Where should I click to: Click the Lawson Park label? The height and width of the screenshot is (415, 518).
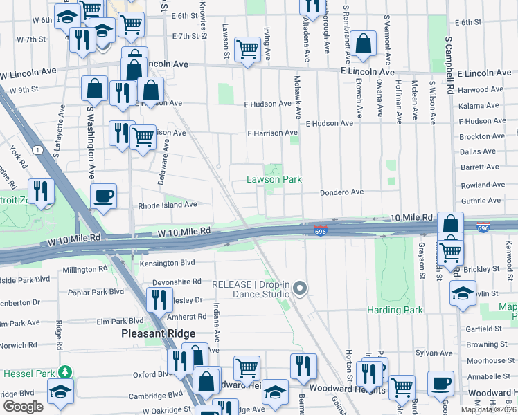click(275, 179)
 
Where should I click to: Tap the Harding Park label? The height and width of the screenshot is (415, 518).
click(395, 310)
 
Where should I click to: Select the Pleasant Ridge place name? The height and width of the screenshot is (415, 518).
click(159, 333)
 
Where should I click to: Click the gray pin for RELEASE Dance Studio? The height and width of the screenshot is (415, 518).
click(300, 288)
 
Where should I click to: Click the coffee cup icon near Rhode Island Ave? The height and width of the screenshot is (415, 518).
click(104, 196)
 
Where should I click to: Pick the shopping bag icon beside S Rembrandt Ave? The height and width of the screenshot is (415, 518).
click(363, 44)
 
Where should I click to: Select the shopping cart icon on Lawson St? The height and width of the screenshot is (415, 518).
click(247, 48)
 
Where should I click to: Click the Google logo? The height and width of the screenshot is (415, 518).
click(23, 407)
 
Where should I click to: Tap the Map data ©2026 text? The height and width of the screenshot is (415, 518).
click(489, 409)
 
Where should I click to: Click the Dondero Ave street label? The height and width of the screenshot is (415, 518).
click(341, 192)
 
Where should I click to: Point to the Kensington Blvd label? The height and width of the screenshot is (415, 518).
click(167, 263)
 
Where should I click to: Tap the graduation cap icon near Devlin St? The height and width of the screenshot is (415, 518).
click(463, 293)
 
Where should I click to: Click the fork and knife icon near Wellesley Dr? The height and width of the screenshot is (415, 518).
click(160, 299)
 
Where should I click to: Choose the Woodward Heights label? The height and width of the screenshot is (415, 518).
click(348, 389)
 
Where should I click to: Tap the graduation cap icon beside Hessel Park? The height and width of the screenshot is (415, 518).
click(60, 391)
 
